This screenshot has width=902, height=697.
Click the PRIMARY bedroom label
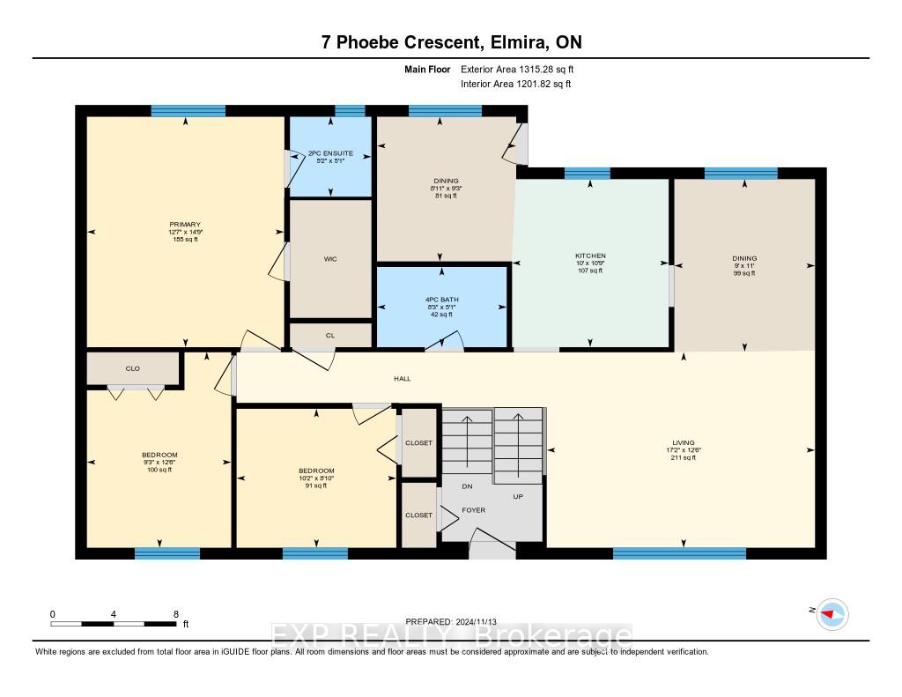[185, 225]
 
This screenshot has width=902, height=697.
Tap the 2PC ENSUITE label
[330, 153]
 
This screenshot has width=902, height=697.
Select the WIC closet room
[330, 258]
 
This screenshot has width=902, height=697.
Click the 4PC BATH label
[442, 300]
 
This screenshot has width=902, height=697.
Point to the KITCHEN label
[590, 256]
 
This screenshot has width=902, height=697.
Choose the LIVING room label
[684, 442]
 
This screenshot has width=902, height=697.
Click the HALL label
[402, 378]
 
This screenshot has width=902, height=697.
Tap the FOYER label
[473, 510]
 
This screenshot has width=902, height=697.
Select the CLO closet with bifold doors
[133, 368]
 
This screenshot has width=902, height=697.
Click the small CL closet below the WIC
[330, 335]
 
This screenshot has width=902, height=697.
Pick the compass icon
[832, 614]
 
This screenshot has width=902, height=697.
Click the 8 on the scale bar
[176, 614]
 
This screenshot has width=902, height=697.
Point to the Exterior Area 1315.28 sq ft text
[517, 69]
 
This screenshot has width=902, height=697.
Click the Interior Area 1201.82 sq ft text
[516, 84]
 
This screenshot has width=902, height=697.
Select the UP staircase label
[518, 496]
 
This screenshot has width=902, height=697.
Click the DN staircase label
[467, 486]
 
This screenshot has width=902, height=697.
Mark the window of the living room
[679, 553]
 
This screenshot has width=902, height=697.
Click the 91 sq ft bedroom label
[316, 486]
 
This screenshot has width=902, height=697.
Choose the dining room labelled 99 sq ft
[744, 265]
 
